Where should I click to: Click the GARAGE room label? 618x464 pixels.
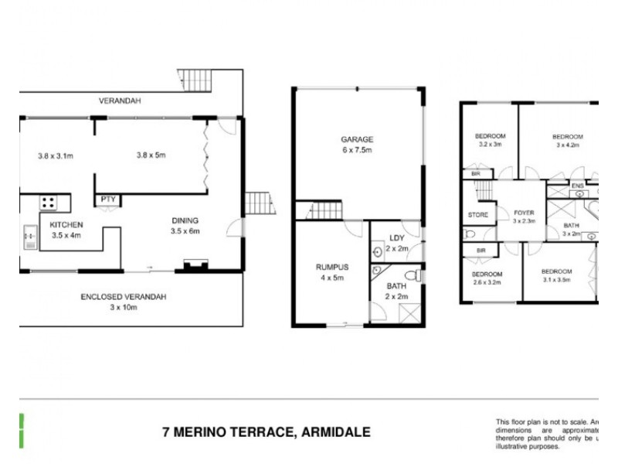click(357, 140)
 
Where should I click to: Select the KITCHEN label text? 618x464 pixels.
click(66, 225)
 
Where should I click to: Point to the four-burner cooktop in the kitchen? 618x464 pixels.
click(48, 203)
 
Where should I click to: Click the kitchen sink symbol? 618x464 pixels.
click(29, 236)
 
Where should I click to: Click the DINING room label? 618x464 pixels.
click(185, 220)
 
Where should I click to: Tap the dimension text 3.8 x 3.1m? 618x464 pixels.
click(55, 155)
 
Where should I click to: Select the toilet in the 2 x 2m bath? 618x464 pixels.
click(413, 275)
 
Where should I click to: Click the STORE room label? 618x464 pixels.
click(477, 214)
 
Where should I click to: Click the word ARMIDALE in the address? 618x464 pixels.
click(334, 432)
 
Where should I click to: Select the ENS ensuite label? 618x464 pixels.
click(576, 186)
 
